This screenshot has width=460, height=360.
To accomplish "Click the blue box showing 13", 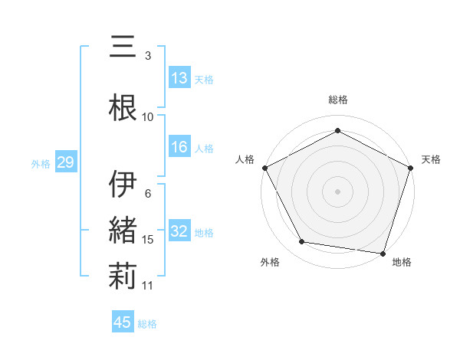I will click(179, 77).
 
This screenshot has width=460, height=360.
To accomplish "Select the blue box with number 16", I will click(179, 147).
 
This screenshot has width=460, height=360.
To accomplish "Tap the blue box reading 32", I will click(179, 231).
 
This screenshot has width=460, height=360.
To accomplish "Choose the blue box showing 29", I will click(65, 162).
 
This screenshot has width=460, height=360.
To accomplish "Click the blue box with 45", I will click(123, 322).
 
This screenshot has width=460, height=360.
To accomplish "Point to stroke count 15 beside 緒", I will click(148, 240).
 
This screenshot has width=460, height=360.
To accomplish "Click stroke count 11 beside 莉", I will click(148, 286).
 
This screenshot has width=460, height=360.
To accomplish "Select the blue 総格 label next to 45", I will click(147, 324).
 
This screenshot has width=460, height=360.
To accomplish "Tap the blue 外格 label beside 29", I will click(41, 163).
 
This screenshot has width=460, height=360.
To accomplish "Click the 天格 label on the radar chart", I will click(431, 159).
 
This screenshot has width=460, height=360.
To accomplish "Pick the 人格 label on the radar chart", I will click(245, 159).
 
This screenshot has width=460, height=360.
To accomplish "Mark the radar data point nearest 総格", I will click(337, 131).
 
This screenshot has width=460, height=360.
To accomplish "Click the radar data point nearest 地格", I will click(383, 253).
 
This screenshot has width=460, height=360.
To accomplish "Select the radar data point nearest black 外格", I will click(302, 242).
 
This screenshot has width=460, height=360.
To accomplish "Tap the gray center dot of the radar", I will click(337, 191).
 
